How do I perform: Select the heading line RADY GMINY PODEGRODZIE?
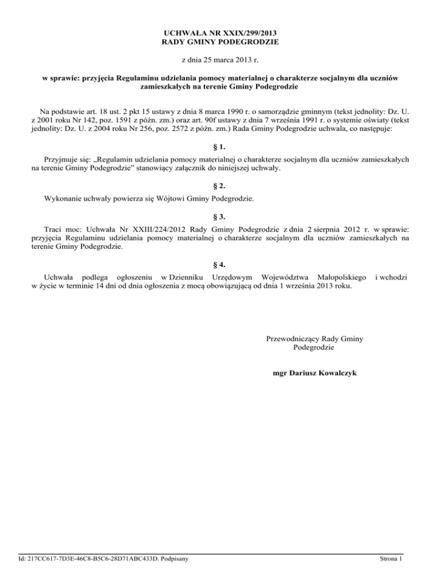pyautogui.click(x=220, y=43)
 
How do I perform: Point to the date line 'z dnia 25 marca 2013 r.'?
pyautogui.click(x=220, y=59)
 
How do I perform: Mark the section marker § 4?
pyautogui.click(x=220, y=265)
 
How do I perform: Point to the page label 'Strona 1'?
pyautogui.click(x=393, y=558)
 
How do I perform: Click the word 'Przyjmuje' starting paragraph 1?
pyautogui.click(x=61, y=161)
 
